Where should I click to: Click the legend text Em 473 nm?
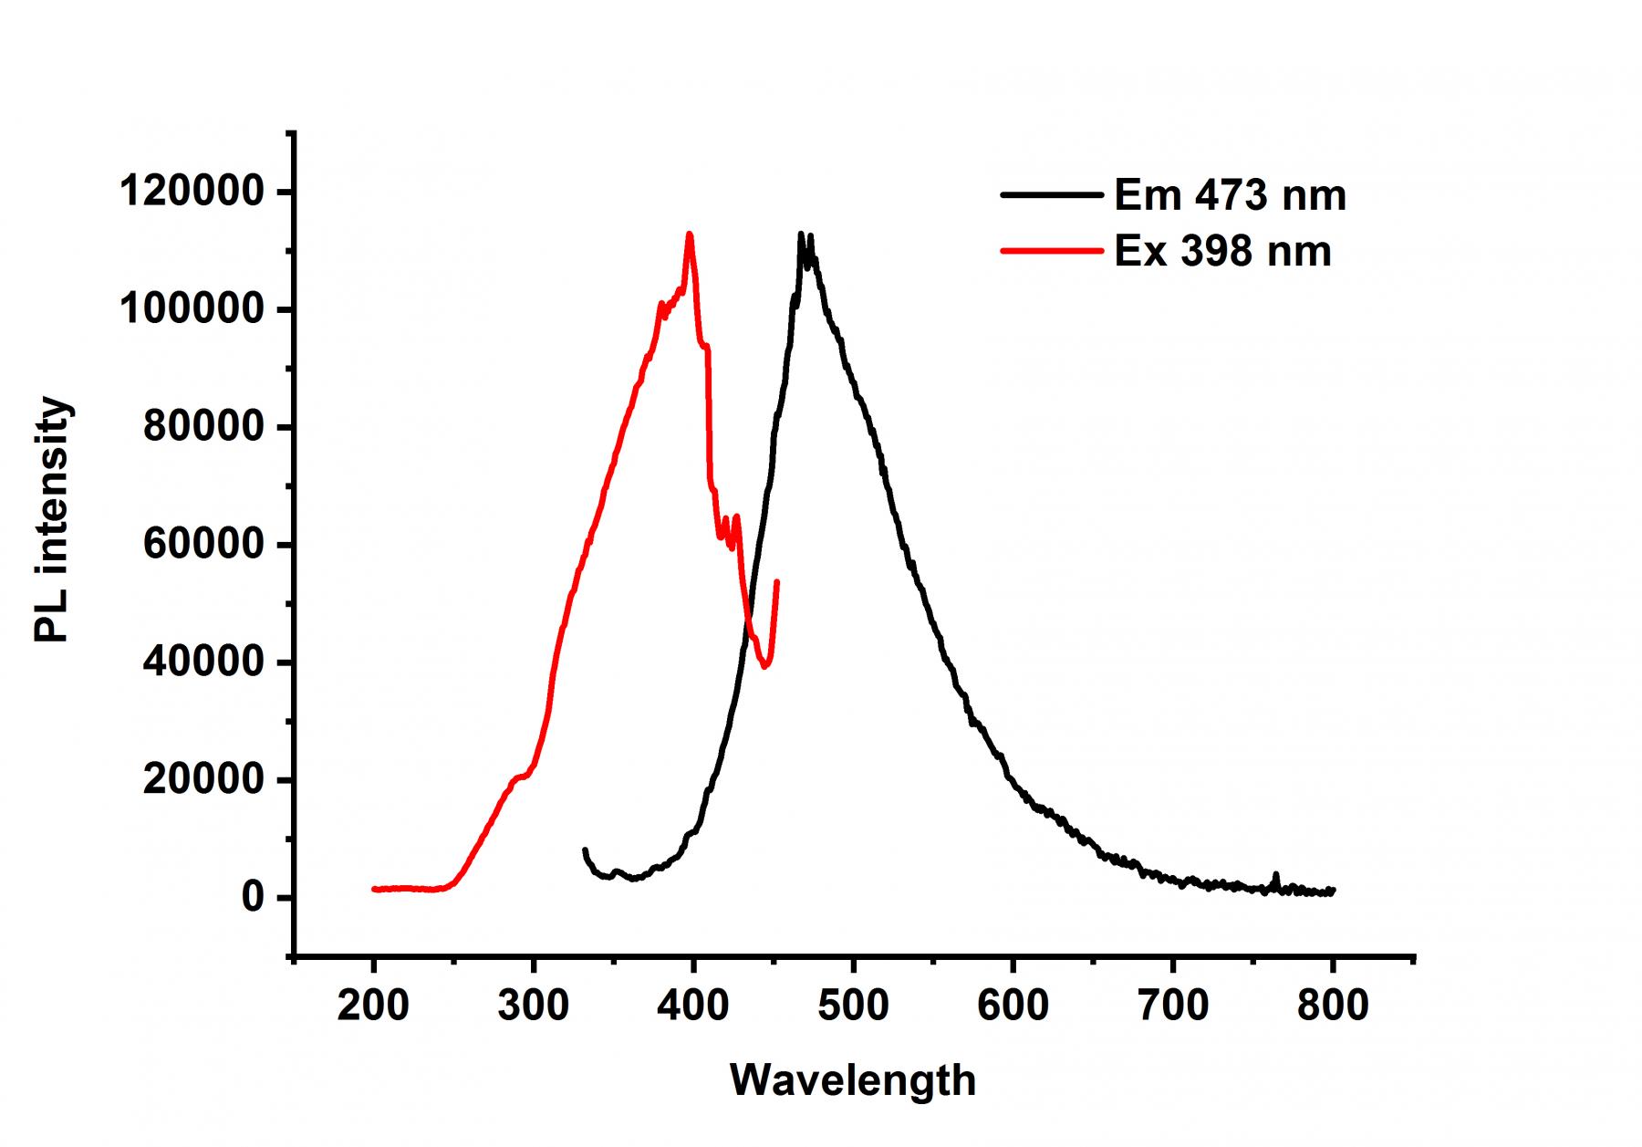(1230, 195)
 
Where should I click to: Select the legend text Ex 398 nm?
(1222, 251)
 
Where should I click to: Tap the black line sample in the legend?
(1052, 194)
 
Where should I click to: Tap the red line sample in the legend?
(1052, 250)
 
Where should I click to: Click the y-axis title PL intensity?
(52, 520)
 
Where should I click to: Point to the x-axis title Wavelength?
(853, 1080)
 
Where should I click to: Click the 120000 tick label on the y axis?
(192, 193)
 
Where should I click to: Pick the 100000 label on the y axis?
(192, 310)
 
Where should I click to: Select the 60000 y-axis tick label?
(203, 545)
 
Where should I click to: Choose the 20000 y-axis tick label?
(203, 780)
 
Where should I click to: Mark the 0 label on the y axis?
(253, 898)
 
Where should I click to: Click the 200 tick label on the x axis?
(373, 1006)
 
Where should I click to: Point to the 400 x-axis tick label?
(692, 1006)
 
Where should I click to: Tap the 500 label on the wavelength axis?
(853, 1006)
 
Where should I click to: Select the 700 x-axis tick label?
(1172, 1006)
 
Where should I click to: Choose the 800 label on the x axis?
(1333, 1006)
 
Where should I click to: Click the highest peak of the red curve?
(690, 234)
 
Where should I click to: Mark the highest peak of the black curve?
(801, 234)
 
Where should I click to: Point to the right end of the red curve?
(777, 581)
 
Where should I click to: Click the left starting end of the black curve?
(584, 850)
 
